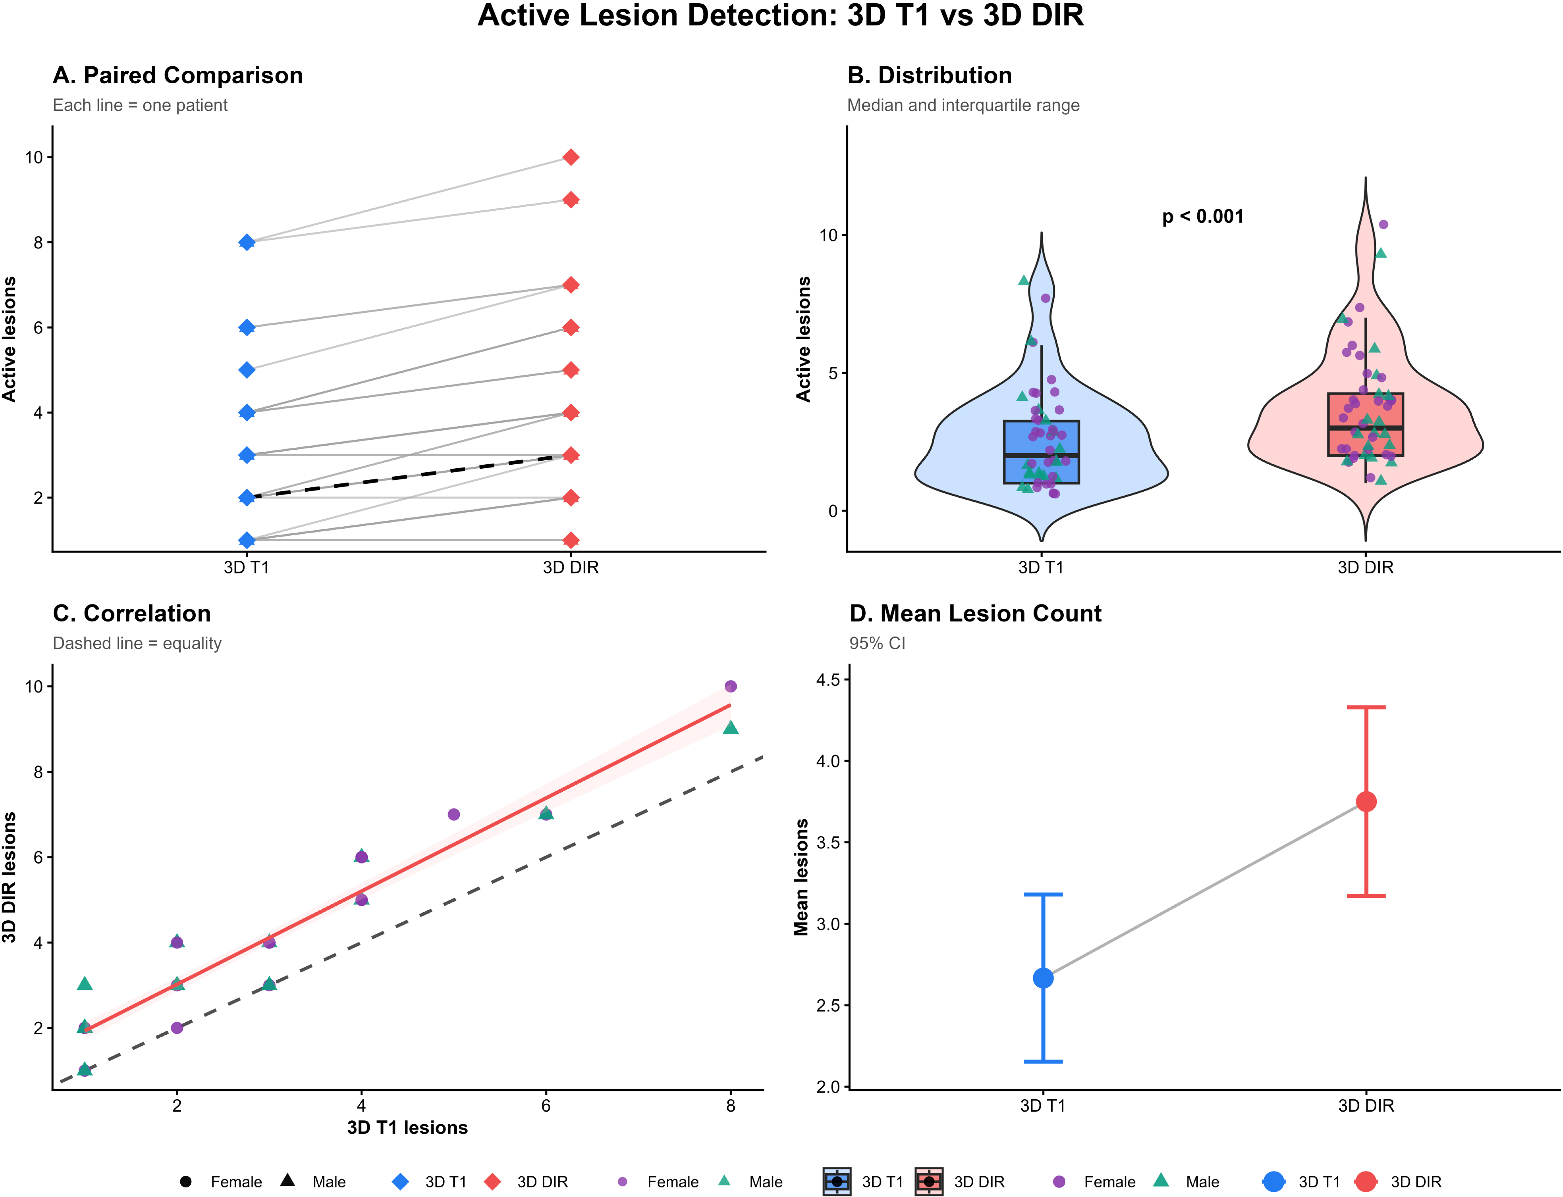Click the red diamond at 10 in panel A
coord(571,157)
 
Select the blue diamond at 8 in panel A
coord(247,242)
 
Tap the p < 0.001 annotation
coord(1203,217)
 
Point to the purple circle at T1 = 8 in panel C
coord(731,686)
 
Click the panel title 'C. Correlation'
coord(132,613)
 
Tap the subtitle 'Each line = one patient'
coord(140,105)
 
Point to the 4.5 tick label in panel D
coord(828,680)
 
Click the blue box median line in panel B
coord(1041,455)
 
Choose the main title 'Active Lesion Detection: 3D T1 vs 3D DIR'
coord(781,16)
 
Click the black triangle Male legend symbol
coord(288,1180)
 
